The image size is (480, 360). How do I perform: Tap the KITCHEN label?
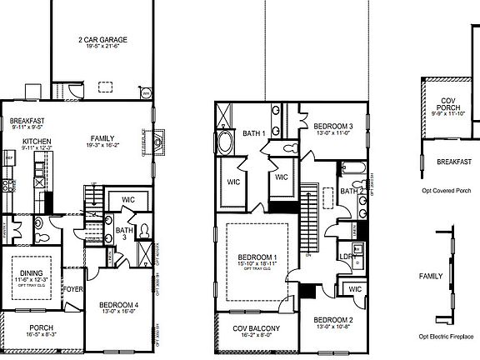(37, 142)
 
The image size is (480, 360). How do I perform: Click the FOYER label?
(74, 290)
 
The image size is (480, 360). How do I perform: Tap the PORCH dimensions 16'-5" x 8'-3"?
(41, 333)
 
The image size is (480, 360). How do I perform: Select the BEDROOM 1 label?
(257, 257)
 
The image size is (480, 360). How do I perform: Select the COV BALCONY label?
(256, 328)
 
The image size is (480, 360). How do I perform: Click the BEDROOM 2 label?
(334, 320)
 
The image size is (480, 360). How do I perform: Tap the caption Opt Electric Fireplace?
(447, 336)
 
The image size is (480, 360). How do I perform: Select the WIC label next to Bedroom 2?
(353, 289)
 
